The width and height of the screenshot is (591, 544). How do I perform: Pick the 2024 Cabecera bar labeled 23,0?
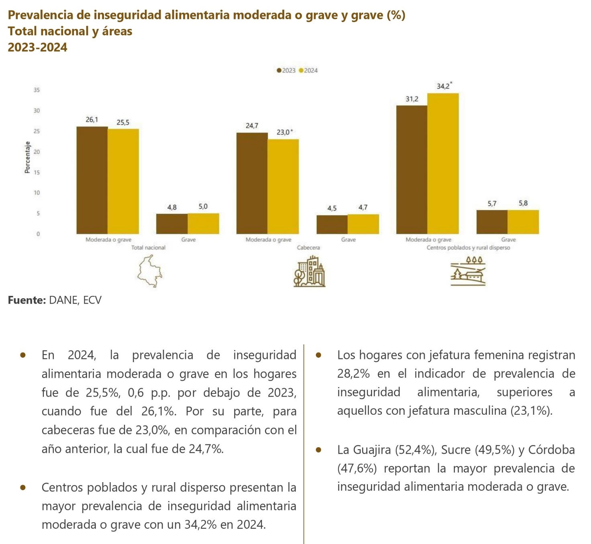[283, 186]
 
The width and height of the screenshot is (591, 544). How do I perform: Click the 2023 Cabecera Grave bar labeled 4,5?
[332, 224]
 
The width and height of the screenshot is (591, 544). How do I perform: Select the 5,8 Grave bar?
[523, 222]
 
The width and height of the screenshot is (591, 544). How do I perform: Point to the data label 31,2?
[412, 99]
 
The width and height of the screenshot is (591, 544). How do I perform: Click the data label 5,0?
[203, 207]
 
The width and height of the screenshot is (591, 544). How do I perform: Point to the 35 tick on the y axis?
[37, 90]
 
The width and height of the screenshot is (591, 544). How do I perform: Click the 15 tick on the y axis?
[37, 172]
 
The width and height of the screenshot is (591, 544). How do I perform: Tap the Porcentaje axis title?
[27, 157]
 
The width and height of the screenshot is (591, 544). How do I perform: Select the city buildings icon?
[309, 272]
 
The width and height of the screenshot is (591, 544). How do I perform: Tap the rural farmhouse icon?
[468, 271]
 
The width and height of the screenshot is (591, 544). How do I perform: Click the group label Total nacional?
[148, 248]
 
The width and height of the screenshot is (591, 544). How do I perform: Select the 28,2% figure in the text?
[353, 374]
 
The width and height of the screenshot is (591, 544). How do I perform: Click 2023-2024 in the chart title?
[38, 47]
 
